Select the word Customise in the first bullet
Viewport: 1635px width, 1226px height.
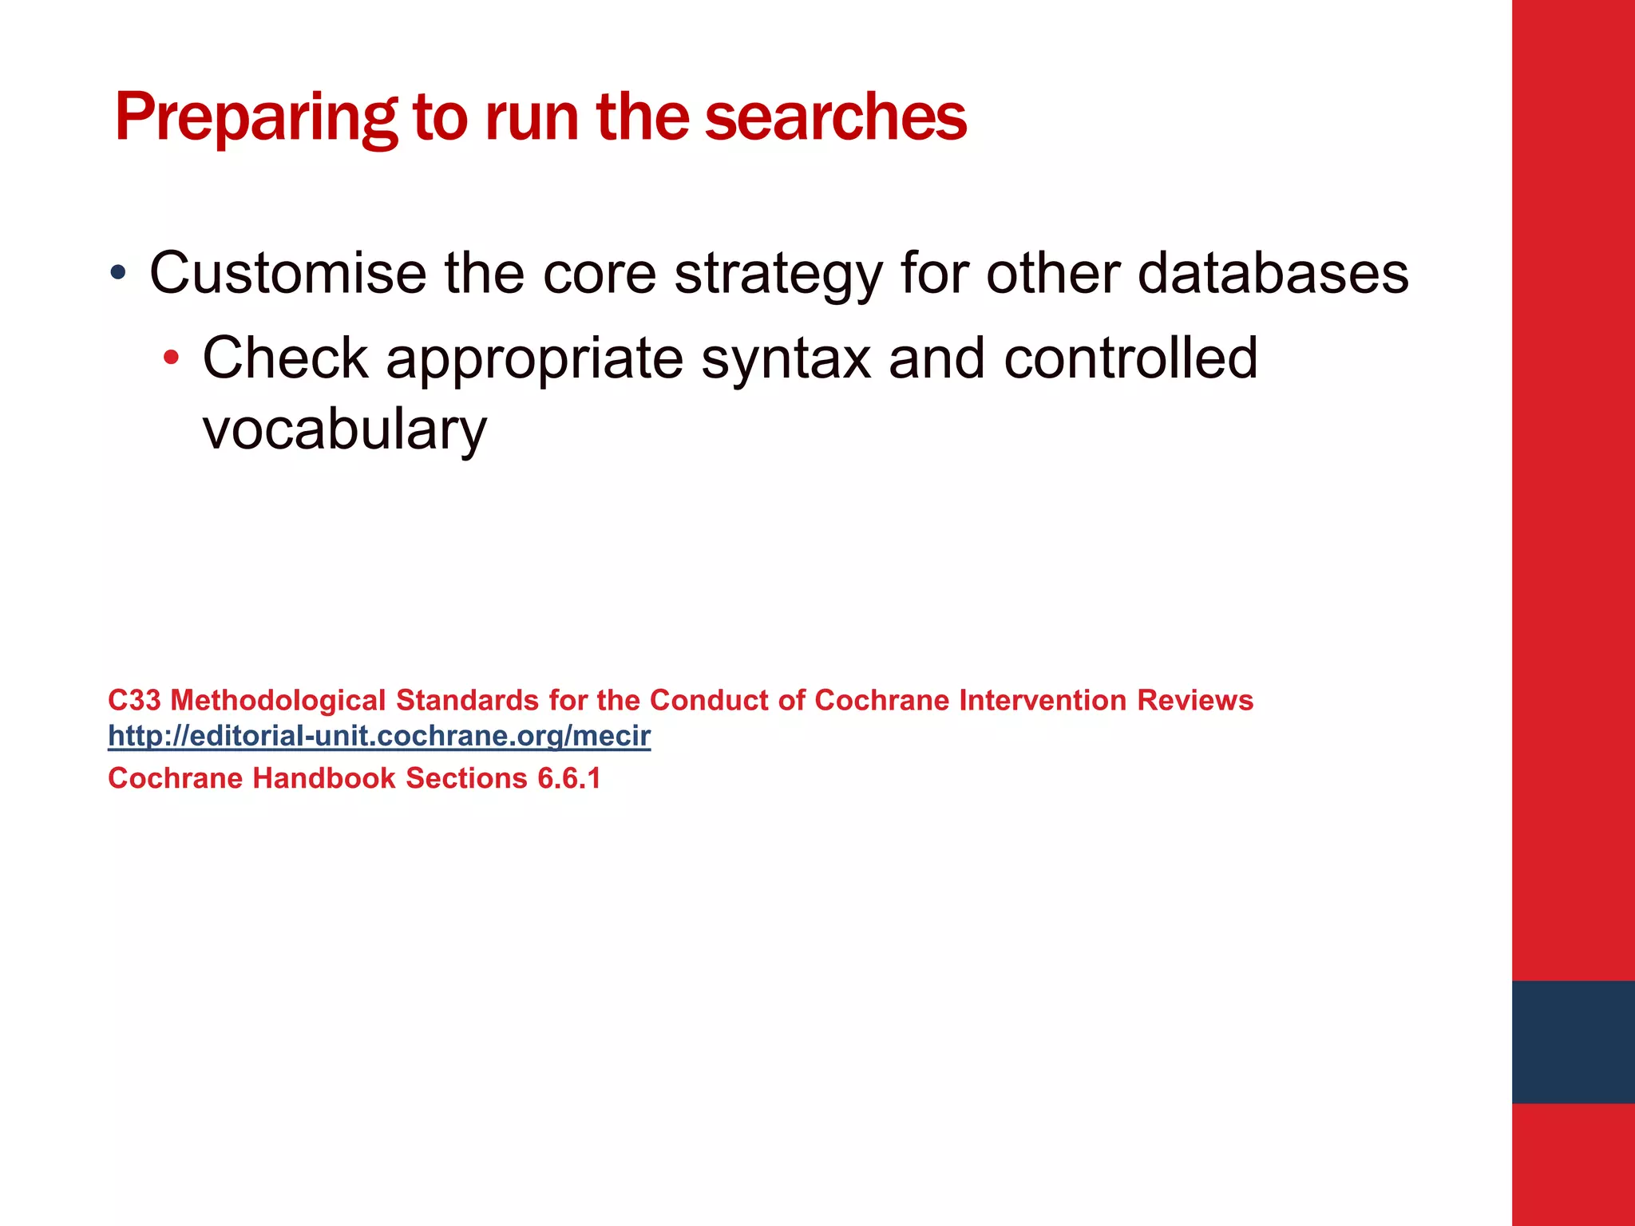click(x=287, y=274)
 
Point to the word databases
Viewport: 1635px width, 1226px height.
click(x=1273, y=274)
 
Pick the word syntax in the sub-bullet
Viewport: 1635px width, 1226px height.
click(x=786, y=359)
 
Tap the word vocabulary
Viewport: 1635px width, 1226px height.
click(x=344, y=429)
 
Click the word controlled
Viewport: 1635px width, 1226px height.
click(x=1130, y=358)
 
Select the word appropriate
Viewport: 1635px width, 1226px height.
click(x=535, y=359)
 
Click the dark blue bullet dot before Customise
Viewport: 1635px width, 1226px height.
click(x=118, y=273)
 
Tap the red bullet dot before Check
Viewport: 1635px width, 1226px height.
click(x=171, y=358)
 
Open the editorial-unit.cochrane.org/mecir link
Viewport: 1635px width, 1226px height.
click(x=379, y=735)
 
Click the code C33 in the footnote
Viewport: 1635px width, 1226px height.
click(x=134, y=700)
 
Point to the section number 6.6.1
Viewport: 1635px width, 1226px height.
click(x=568, y=778)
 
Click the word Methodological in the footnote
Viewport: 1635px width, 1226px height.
click(x=278, y=700)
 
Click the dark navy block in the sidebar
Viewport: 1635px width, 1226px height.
click(x=1573, y=1042)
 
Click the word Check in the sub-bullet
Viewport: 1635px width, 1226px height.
click(x=285, y=358)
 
